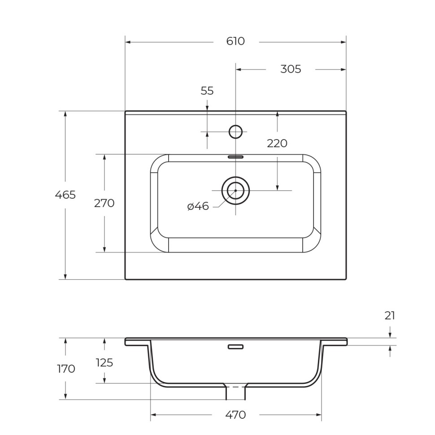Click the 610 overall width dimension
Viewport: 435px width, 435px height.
235,42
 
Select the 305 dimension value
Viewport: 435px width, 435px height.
291,70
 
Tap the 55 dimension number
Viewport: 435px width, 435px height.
207,91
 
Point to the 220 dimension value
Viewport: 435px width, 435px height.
277,144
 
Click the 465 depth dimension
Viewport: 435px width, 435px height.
65,195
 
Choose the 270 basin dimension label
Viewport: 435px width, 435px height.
104,204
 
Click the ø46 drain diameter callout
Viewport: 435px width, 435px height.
198,206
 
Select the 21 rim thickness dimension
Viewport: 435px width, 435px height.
390,316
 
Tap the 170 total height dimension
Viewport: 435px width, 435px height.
66,369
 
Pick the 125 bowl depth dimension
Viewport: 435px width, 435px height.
104,363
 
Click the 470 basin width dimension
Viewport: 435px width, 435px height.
235,415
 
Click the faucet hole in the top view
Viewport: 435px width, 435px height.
235,132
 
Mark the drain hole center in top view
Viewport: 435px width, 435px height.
235,191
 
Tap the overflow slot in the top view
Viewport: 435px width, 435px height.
235,157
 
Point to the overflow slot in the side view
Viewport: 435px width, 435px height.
235,347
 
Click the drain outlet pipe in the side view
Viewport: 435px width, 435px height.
235,393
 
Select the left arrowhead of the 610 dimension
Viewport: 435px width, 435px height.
128,42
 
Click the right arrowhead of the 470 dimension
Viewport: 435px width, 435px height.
319,415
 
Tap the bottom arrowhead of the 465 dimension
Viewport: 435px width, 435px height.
65,277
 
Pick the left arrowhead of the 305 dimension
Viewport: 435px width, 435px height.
239,70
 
